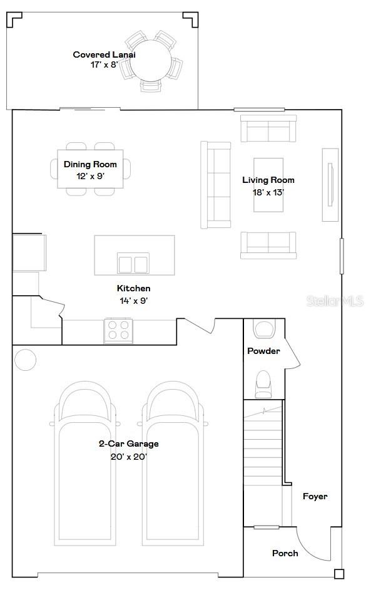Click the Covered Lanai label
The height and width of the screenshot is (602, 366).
point(104,54)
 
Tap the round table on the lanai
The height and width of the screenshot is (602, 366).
point(150,61)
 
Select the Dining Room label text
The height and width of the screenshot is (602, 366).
point(90,165)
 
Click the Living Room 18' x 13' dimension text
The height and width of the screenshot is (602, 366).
point(268,192)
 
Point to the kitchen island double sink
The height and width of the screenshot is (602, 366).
point(133,264)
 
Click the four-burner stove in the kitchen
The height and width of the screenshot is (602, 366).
point(118,330)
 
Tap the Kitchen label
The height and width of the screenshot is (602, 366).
point(134,289)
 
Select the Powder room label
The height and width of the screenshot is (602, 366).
point(263,351)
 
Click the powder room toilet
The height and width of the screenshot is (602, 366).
point(263,383)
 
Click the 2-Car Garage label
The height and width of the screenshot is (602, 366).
point(129,444)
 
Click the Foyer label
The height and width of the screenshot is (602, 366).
point(315,496)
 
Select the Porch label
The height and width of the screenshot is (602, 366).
point(285,553)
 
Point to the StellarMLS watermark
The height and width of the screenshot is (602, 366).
point(335,301)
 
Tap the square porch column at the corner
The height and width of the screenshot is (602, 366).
point(338,573)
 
